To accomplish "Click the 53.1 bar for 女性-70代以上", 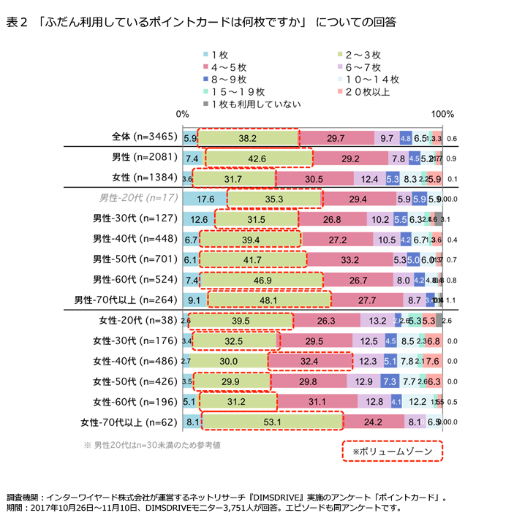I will click(x=272, y=422).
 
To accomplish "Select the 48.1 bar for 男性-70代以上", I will click(x=269, y=300).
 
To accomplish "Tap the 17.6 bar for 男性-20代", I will click(x=205, y=198).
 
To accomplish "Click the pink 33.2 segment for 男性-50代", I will click(x=349, y=259).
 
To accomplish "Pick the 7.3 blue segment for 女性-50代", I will click(x=390, y=381).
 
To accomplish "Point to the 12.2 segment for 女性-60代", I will click(x=417, y=401).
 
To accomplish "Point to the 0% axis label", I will click(x=183, y=115).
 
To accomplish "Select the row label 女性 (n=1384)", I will click(x=140, y=178).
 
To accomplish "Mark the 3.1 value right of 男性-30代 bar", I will click(x=452, y=218).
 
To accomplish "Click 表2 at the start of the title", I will click(x=16, y=23).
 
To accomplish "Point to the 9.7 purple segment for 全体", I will click(x=386, y=137).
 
